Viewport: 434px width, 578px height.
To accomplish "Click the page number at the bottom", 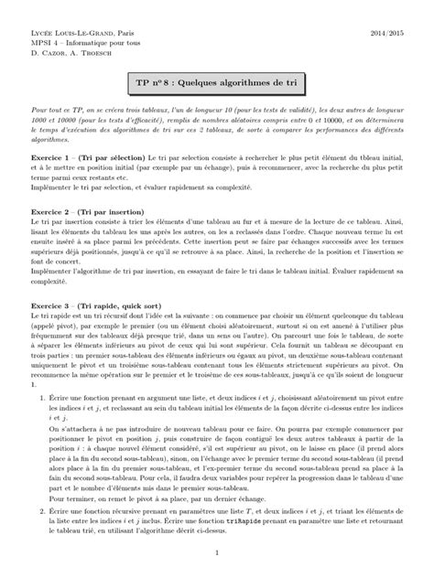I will tap(216, 552).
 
